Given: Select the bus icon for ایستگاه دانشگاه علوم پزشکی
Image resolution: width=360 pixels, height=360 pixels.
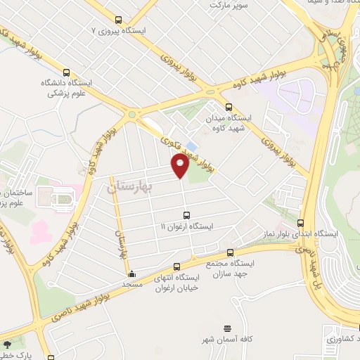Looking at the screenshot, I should [x=67, y=72].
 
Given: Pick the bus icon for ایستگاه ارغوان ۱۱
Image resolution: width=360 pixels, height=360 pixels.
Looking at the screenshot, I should [x=186, y=215].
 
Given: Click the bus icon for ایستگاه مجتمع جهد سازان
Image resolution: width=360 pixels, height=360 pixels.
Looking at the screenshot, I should [x=230, y=253].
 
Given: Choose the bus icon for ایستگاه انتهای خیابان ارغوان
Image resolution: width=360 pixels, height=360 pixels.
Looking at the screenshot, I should [x=176, y=266].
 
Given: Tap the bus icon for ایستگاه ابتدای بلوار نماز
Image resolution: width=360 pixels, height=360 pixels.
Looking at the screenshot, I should [x=301, y=223].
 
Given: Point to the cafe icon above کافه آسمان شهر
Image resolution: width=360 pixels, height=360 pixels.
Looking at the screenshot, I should [x=227, y=328].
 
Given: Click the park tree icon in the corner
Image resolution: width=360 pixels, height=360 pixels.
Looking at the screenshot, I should [x=7, y=345].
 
